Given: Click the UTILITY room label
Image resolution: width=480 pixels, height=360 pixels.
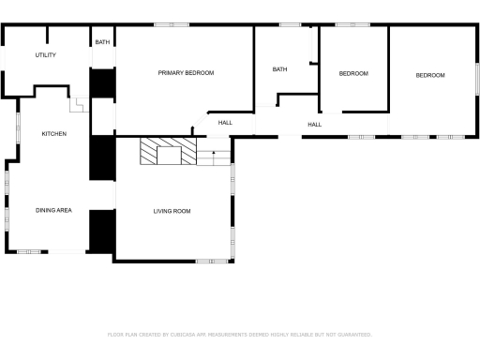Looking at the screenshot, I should (x=46, y=55).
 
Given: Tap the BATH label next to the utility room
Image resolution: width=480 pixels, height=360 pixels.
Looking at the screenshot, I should (x=102, y=42).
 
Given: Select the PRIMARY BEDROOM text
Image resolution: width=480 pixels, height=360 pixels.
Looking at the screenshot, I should (x=186, y=73).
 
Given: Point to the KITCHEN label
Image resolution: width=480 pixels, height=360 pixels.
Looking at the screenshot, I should (x=53, y=134).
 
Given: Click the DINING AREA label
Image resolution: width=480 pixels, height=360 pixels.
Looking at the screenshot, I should (x=53, y=210).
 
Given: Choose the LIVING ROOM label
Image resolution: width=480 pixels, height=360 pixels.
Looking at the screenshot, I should (x=172, y=211).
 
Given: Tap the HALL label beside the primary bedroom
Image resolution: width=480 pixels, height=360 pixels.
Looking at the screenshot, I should (x=225, y=123).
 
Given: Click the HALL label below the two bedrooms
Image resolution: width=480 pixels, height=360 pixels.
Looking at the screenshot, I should (x=314, y=124).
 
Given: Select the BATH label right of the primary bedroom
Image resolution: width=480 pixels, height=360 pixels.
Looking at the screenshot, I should (x=279, y=69).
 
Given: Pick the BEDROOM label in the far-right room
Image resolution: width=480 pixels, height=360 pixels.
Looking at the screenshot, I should (x=430, y=75).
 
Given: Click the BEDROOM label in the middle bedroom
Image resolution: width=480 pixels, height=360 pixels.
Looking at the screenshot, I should (x=353, y=73).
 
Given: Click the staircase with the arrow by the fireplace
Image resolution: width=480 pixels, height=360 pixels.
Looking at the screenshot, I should (x=215, y=157).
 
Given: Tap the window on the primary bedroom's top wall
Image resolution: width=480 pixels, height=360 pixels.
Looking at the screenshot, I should (x=166, y=25).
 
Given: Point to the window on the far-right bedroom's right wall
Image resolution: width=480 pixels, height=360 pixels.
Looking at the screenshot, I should (x=477, y=77).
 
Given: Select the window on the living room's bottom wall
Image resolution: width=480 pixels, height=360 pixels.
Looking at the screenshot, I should (x=207, y=261).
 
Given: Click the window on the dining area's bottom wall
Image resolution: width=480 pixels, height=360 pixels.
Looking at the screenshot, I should (x=30, y=251).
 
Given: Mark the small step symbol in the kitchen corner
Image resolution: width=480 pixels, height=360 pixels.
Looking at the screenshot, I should (x=79, y=106).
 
